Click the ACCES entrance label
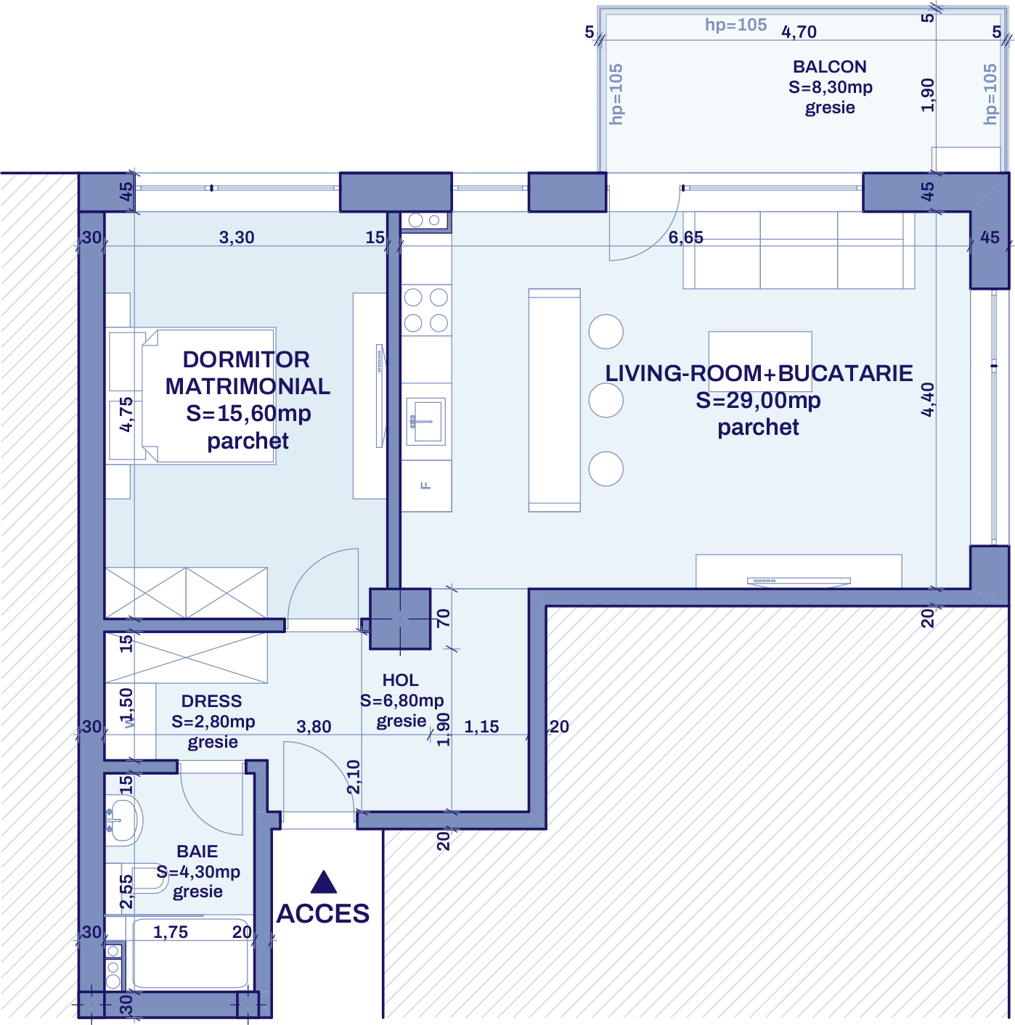click(x=323, y=913)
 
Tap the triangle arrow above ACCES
click(x=323, y=882)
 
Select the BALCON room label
click(x=829, y=67)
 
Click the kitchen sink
click(x=425, y=421)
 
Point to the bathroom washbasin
click(x=122, y=820)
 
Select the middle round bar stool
click(x=606, y=400)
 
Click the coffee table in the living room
click(x=759, y=351)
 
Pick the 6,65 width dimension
click(x=685, y=237)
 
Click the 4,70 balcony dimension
click(x=799, y=32)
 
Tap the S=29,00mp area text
click(x=758, y=400)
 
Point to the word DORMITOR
click(x=246, y=359)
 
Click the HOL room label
click(x=400, y=680)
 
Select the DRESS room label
click(x=211, y=701)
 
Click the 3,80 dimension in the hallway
click(x=314, y=727)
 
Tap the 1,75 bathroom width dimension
click(x=171, y=932)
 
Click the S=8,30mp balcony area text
click(x=830, y=87)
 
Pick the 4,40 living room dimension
click(x=928, y=399)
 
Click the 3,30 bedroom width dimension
click(x=237, y=237)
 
